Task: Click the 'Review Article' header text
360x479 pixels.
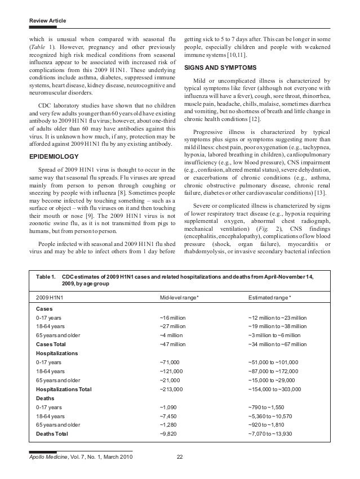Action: [47, 21]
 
